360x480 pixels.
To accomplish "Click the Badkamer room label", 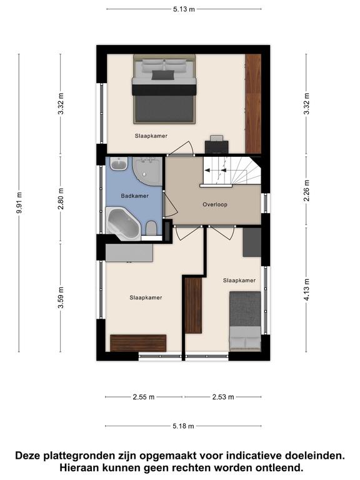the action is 135,196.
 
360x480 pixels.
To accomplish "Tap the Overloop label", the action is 215,204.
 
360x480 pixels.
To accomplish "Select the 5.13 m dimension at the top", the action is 184,9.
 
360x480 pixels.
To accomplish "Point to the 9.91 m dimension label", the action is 19,202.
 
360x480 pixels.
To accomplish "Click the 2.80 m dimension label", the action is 61,199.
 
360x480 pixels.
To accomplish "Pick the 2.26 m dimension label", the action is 306,191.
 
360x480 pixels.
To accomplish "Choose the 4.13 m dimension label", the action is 306,289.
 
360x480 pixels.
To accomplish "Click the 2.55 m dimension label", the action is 144,397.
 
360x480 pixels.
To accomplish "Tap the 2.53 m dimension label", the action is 223,397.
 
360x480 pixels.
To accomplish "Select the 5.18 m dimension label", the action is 183,426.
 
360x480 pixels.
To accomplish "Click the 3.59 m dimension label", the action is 61,298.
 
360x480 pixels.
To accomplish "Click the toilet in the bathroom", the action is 151,229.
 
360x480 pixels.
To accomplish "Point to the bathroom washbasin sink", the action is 119,164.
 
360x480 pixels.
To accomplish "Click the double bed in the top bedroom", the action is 164,89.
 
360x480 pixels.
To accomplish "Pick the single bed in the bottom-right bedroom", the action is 245,321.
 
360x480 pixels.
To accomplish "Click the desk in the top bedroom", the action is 217,146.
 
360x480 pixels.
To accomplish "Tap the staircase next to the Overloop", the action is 231,171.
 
